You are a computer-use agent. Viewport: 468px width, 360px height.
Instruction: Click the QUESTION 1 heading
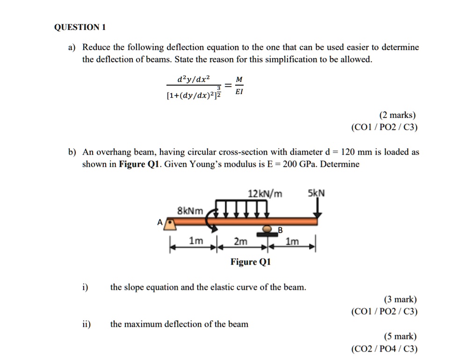[80, 27]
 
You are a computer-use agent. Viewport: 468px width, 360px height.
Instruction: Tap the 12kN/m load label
[265, 194]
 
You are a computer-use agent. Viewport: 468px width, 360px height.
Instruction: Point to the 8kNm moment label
[190, 211]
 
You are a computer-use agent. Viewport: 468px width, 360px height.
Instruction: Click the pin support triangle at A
[172, 225]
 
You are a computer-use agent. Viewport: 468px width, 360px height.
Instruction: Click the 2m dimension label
[240, 241]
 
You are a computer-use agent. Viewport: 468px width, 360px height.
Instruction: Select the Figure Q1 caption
[250, 262]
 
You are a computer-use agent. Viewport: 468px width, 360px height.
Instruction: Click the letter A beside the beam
[160, 223]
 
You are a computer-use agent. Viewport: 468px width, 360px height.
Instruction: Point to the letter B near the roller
[281, 230]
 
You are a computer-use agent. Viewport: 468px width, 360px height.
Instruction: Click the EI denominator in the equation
[239, 92]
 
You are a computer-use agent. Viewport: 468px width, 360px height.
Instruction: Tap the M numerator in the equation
[239, 79]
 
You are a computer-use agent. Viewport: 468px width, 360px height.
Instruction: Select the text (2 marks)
[397, 115]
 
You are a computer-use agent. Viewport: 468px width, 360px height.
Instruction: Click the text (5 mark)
[400, 336]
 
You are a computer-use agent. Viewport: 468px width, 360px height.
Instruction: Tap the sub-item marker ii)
[86, 324]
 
